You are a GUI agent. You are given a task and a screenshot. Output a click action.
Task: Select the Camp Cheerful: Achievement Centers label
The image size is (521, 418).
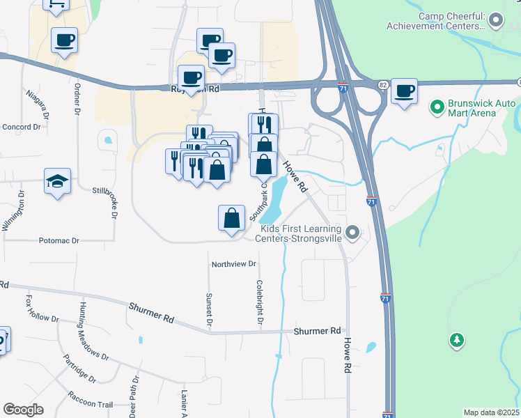click(437, 21)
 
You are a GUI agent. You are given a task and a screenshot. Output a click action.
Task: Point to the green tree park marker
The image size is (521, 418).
click(457, 340)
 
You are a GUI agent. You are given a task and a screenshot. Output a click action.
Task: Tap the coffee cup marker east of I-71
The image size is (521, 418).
click(404, 91)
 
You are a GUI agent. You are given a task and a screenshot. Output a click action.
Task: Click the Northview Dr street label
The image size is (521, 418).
click(234, 265)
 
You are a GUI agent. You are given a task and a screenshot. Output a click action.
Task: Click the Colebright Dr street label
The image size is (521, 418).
click(259, 303)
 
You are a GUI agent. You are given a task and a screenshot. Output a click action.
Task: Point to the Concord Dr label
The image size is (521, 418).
click(22, 127)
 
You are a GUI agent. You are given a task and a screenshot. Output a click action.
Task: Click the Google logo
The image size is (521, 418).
click(23, 409)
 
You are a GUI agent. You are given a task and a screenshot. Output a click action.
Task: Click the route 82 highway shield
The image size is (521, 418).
click(384, 84)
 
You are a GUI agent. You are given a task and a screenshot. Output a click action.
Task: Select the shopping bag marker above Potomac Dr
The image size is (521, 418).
click(231, 218)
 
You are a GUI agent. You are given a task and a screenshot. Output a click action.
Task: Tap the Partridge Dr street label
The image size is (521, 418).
click(79, 368)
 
